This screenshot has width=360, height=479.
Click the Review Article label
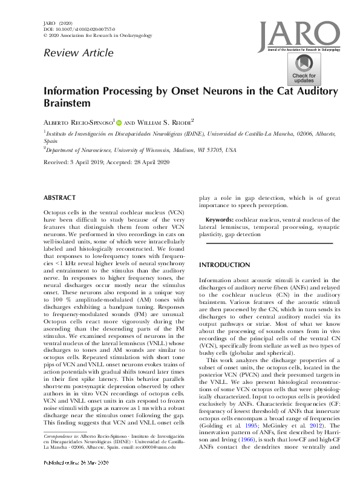78,53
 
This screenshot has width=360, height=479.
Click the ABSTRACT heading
59,197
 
